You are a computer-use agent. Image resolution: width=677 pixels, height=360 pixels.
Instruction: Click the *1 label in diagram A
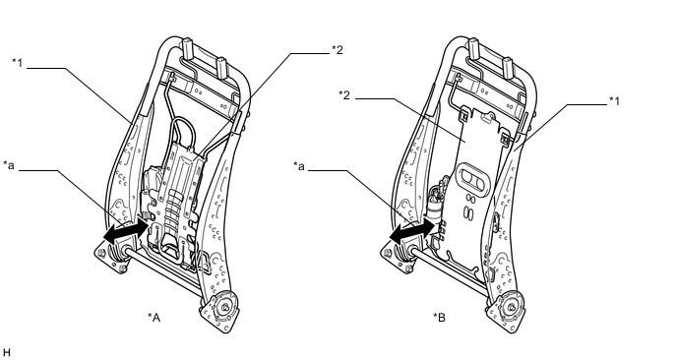coord(17,63)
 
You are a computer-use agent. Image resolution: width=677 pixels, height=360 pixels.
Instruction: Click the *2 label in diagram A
coord(338,50)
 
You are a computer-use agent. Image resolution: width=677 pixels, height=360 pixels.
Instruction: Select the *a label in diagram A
coord(9,165)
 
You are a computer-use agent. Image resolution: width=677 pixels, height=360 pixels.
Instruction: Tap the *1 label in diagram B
coord(614,101)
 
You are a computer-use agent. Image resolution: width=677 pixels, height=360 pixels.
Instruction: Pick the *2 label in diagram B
coord(344,95)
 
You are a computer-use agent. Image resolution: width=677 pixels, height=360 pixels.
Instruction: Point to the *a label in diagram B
coord(299,166)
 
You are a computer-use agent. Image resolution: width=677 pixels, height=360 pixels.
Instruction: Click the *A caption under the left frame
coord(154,318)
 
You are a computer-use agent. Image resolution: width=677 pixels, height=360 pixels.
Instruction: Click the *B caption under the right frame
coord(440,318)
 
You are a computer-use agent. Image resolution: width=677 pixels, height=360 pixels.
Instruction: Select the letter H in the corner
coord(6,352)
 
